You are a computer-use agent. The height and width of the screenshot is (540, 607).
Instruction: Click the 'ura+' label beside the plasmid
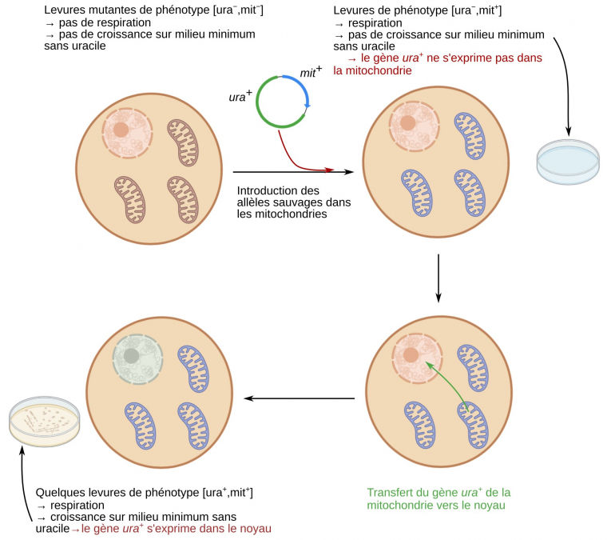pyautogui.click(x=240, y=97)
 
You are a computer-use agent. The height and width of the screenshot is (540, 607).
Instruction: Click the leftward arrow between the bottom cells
pyautogui.click(x=300, y=398)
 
